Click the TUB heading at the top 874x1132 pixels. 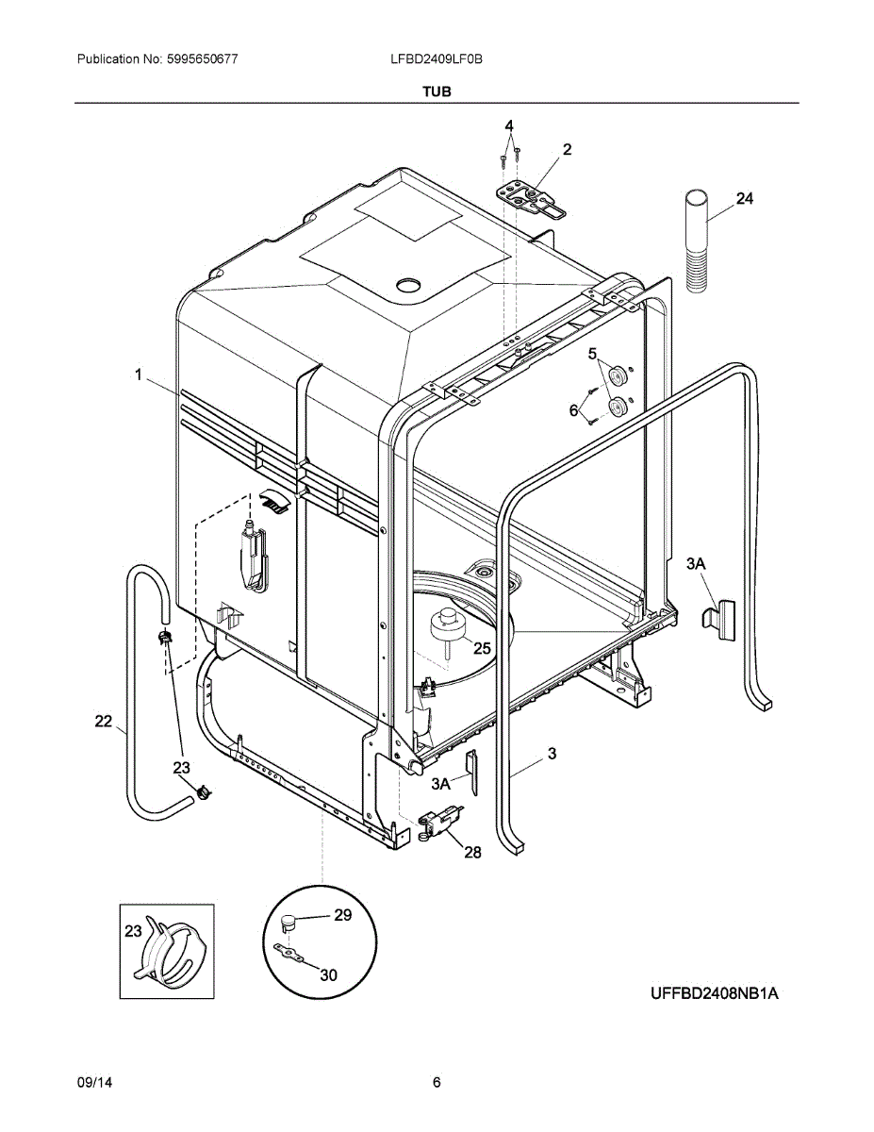(437, 92)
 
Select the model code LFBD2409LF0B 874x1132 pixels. (436, 58)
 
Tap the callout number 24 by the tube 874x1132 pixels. (745, 199)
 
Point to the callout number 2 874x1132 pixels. (567, 149)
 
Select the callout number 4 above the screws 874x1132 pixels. (509, 125)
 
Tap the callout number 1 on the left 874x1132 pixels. (138, 375)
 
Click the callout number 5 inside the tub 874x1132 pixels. (592, 354)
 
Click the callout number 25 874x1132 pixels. (482, 648)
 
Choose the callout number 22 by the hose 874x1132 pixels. (104, 722)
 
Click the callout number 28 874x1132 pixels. (472, 852)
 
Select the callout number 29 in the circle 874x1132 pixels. (342, 915)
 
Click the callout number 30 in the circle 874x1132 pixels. (328, 975)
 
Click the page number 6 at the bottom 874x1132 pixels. (437, 1082)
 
